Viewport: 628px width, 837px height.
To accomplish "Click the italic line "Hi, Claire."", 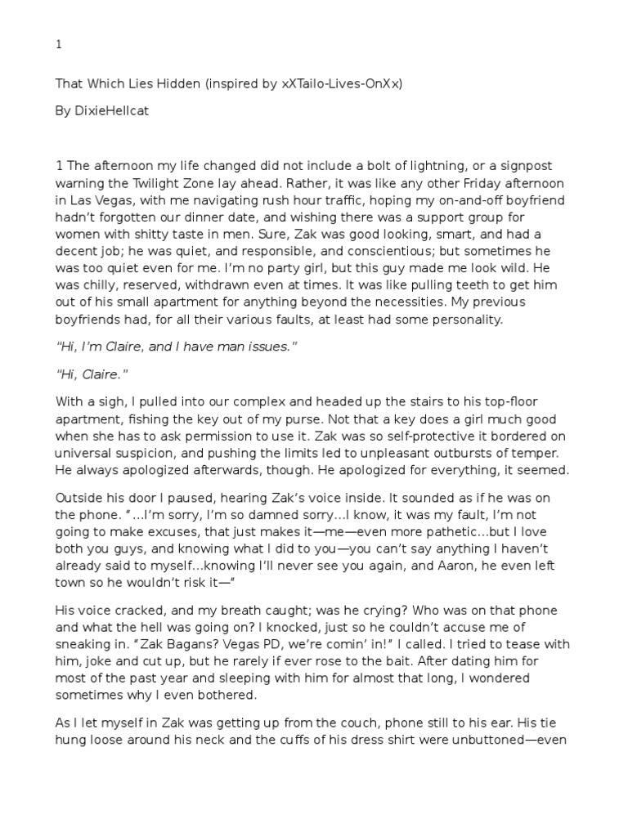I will pos(92,374).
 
